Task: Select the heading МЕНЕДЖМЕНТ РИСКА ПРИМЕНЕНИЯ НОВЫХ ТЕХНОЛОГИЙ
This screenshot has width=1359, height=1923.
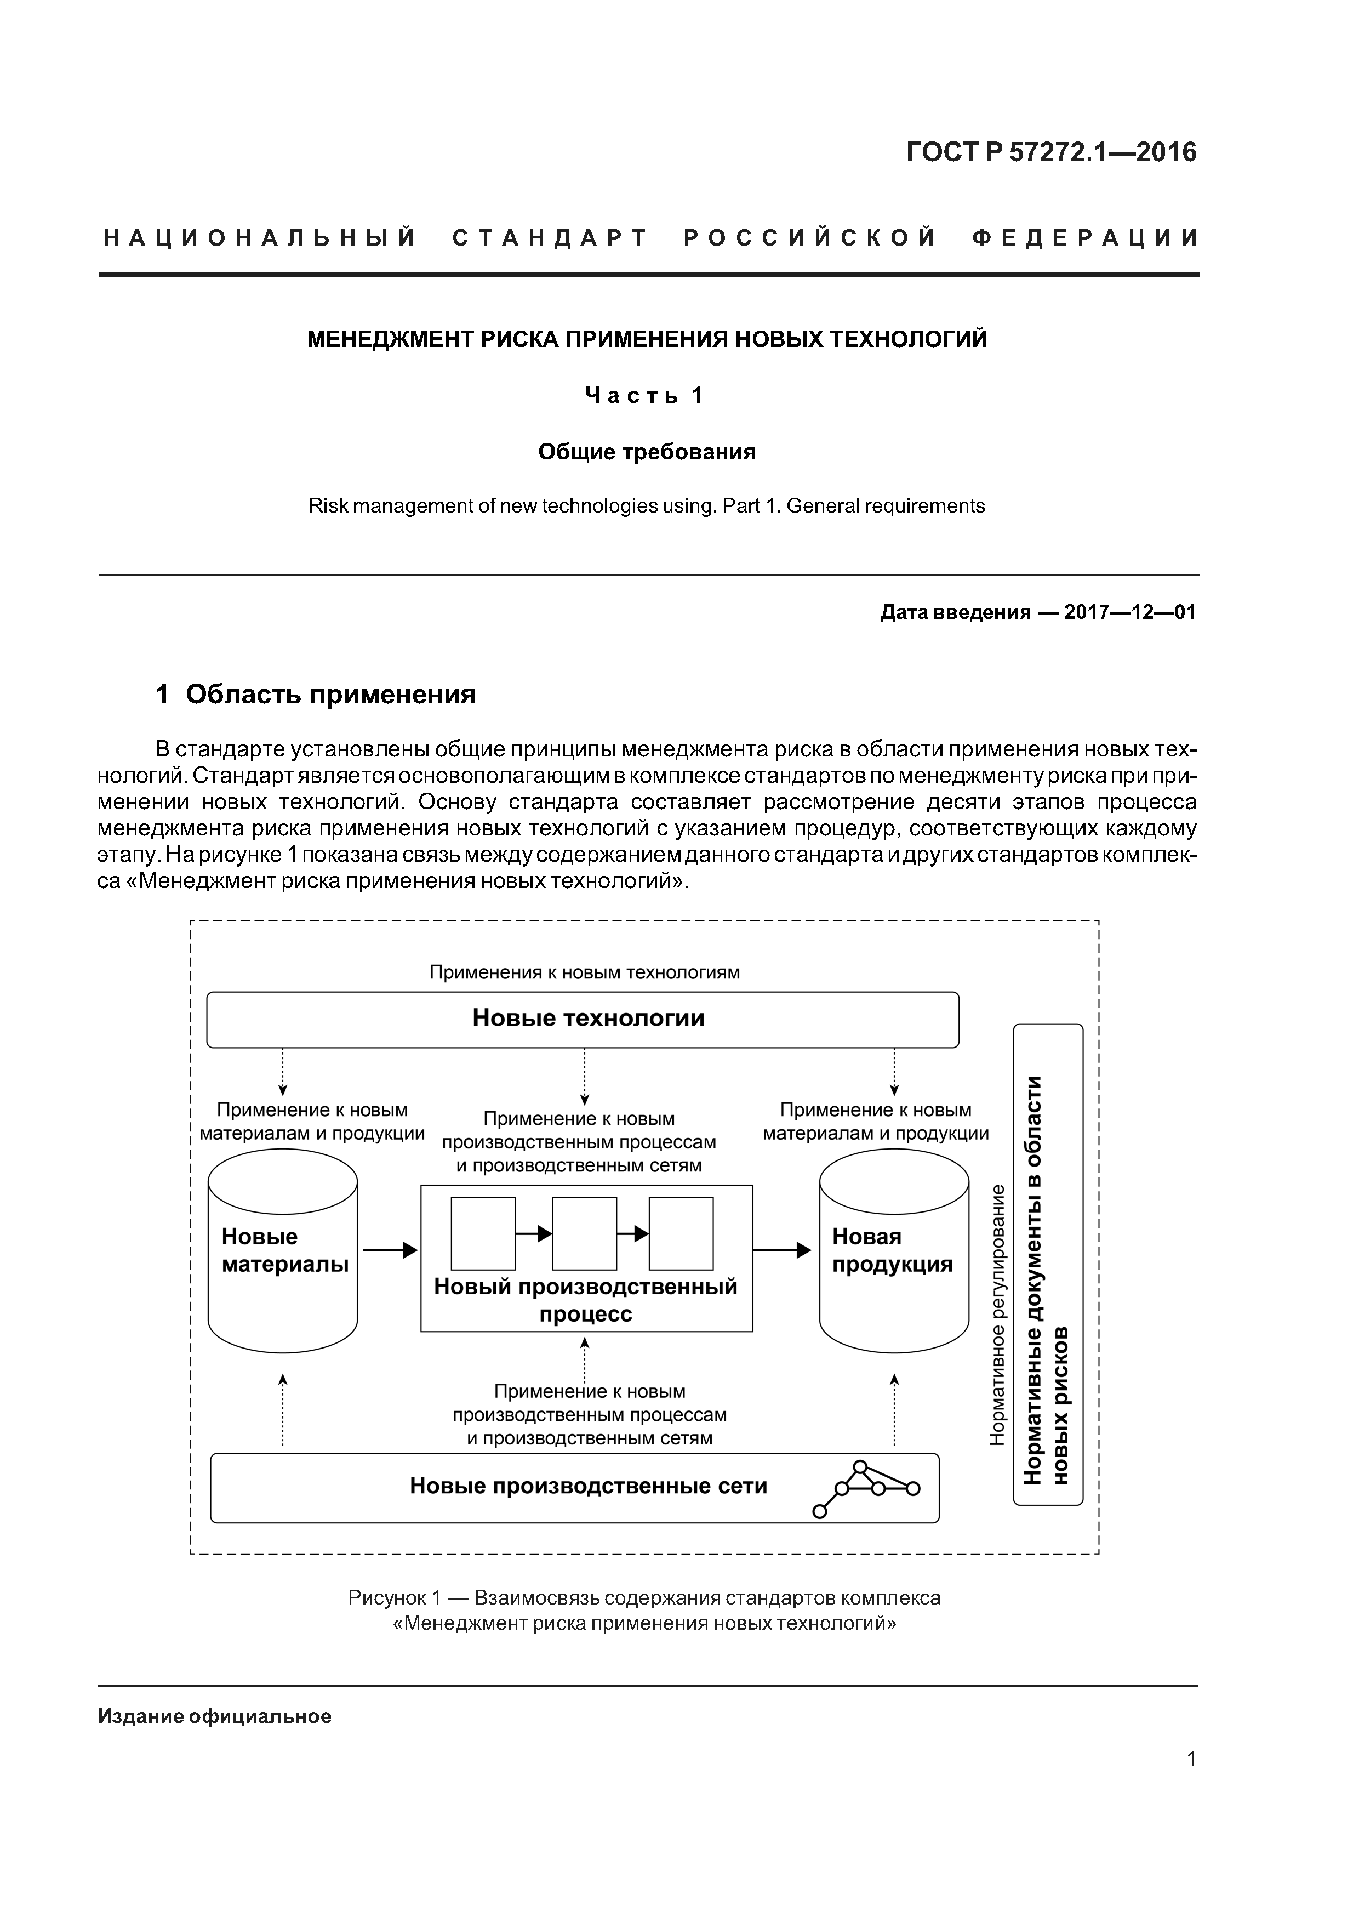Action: (647, 339)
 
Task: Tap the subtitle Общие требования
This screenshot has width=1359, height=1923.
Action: (647, 452)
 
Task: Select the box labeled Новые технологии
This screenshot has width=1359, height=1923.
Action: (583, 1019)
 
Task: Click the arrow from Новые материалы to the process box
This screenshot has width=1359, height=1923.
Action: (390, 1250)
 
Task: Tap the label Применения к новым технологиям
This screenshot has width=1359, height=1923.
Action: (585, 972)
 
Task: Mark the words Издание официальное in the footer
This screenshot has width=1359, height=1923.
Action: (215, 1717)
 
